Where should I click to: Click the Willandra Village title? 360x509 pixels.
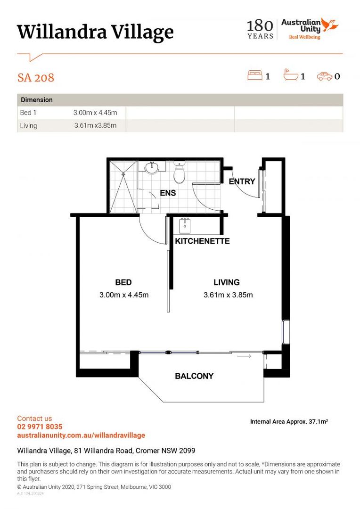click(95, 33)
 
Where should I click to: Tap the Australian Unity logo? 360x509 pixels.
click(310, 29)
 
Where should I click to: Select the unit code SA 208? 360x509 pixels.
click(36, 78)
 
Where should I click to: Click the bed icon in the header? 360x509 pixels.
click(255, 75)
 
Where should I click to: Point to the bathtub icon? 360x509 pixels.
click(291, 75)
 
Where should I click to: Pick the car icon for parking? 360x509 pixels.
click(325, 76)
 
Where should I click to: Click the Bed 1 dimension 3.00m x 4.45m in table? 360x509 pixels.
click(95, 113)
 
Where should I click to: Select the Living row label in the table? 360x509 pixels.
click(29, 126)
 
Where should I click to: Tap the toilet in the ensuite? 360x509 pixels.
click(179, 172)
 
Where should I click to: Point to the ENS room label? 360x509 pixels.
click(168, 193)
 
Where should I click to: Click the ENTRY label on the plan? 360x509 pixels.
click(242, 181)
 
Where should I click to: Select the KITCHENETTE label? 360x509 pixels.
click(202, 241)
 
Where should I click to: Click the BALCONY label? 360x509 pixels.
click(194, 376)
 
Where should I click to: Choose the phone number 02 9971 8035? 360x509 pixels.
click(40, 427)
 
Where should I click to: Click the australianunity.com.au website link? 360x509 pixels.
click(81, 435)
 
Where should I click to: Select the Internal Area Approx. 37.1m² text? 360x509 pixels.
click(289, 422)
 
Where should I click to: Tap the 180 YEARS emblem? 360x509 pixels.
click(260, 29)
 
